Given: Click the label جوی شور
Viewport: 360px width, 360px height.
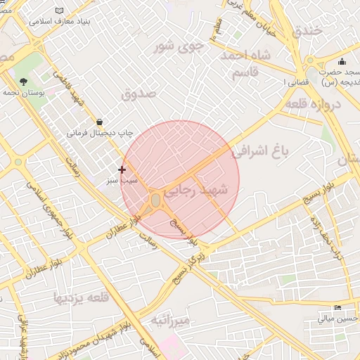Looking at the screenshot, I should click(179, 47).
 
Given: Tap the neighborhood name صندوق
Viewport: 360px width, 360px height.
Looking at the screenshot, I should click(137, 93).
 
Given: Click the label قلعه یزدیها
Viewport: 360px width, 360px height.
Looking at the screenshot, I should click(81, 298).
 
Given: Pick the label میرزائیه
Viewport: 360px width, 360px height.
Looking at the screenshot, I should click(170, 321).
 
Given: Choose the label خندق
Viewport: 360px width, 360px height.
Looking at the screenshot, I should click(311, 30).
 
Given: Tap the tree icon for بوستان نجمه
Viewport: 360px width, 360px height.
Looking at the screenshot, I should click(23, 82).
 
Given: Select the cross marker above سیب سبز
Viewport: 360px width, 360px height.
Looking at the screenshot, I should click(122, 169).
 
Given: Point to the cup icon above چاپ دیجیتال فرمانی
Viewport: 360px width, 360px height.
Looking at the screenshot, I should click(98, 121).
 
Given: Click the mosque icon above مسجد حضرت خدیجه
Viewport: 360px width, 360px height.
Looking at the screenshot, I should click(342, 61).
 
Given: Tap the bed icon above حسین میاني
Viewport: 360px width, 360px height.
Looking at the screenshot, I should click(338, 308).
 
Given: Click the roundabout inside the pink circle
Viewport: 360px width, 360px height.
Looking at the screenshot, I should click(155, 201).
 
